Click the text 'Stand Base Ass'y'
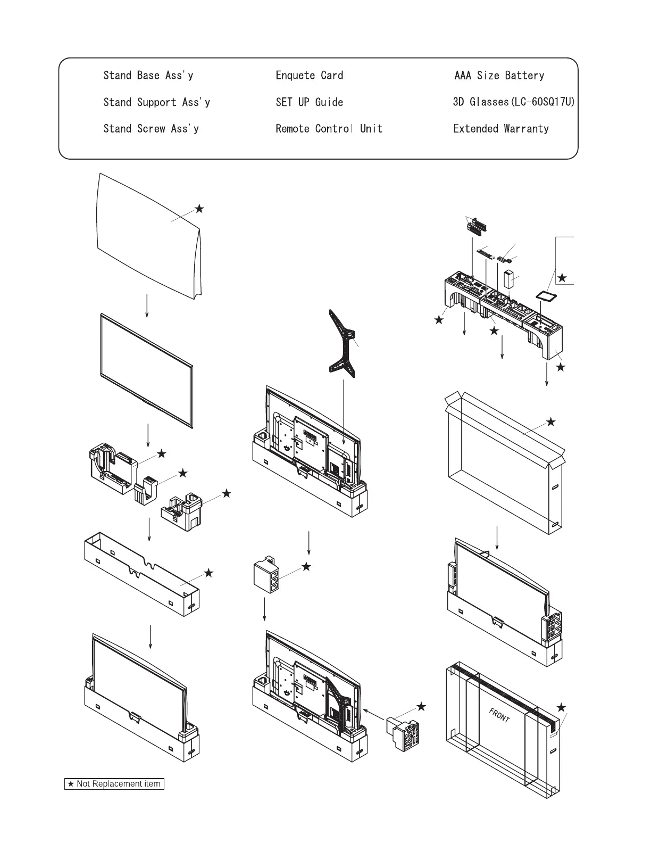point(148,76)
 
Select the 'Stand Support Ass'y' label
point(156,102)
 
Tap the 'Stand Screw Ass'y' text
point(151,129)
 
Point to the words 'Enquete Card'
point(309,76)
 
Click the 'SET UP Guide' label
point(309,102)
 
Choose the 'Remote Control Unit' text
point(329,129)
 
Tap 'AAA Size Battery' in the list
point(499,76)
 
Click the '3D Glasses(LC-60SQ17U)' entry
point(514,102)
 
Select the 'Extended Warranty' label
point(500,129)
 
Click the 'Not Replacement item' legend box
point(114,784)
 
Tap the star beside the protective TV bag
point(199,209)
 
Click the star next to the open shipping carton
point(551,422)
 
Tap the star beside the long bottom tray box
point(208,573)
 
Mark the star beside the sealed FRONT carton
point(561,707)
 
